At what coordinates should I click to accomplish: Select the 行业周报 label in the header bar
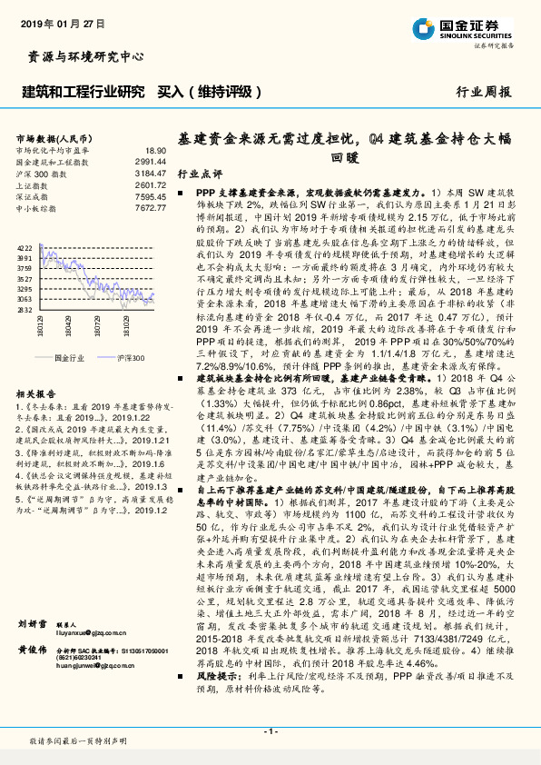(x=483, y=92)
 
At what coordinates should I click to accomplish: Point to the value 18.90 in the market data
(x=156, y=150)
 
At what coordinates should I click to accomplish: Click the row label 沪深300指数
(x=40, y=172)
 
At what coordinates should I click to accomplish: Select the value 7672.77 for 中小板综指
(x=152, y=208)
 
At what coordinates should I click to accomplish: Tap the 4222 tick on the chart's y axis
(x=25, y=248)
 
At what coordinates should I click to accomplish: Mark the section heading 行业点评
(x=199, y=174)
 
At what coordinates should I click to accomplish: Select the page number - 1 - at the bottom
(x=270, y=730)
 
